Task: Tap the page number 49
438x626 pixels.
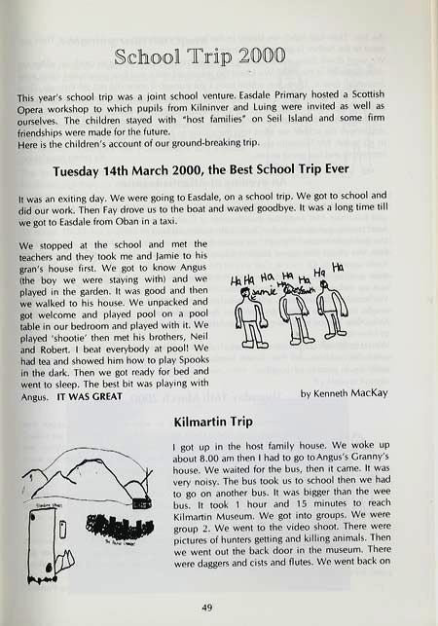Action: click(220, 607)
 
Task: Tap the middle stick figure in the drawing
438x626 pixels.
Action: click(294, 317)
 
